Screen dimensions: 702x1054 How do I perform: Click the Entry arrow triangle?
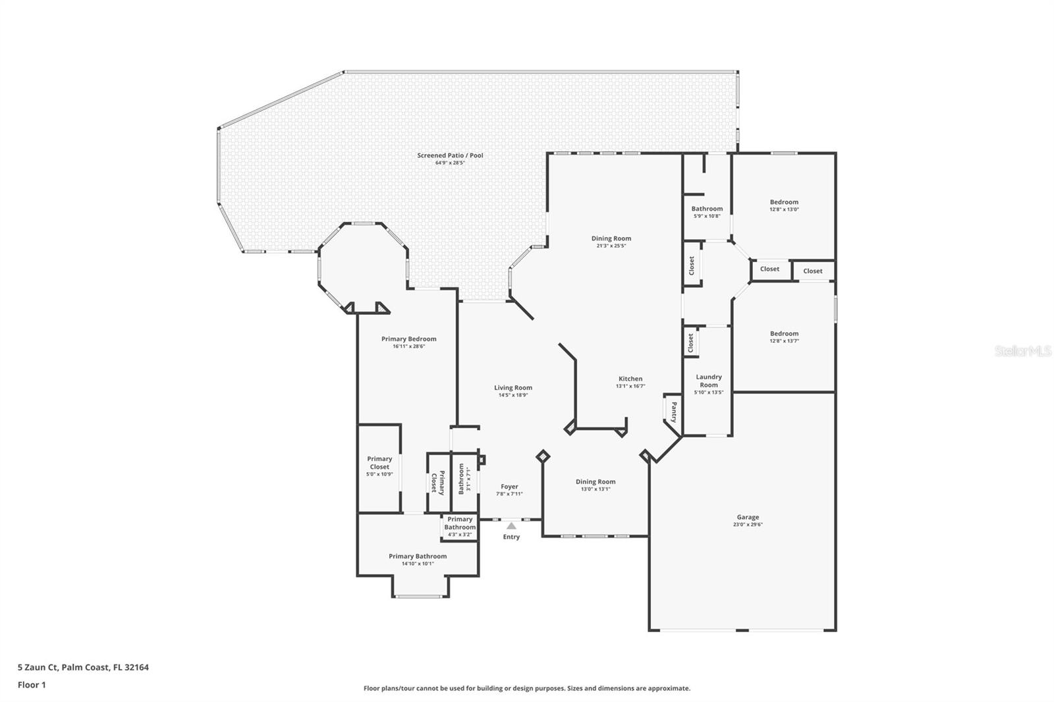tap(511, 526)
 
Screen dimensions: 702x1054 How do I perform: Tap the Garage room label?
tap(748, 518)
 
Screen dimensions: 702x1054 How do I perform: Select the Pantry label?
tap(673, 413)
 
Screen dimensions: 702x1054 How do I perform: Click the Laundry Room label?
tap(709, 381)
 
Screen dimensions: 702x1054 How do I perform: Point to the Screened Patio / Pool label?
tap(450, 156)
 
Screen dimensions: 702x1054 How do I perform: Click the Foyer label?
tap(509, 487)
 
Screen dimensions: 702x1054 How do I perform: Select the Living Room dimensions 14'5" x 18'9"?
tap(513, 395)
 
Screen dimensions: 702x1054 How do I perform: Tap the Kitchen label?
tap(630, 379)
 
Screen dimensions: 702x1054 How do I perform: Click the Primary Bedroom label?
tap(408, 339)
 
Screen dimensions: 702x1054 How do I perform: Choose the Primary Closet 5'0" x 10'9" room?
tap(379, 466)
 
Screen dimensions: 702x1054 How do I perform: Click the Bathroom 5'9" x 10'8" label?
tap(707, 209)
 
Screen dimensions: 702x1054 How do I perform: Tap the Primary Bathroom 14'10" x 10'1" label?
tap(418, 556)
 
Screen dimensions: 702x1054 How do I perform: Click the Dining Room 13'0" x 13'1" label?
tap(596, 482)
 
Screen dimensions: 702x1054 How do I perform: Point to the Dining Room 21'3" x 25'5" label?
tap(611, 239)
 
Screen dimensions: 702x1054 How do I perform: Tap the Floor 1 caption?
tap(32, 685)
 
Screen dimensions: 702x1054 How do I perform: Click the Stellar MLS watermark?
tap(1022, 351)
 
